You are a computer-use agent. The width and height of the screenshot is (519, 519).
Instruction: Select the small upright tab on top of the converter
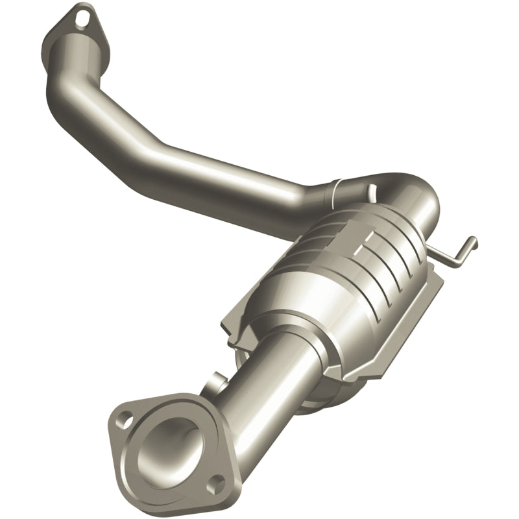(x=372, y=190)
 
